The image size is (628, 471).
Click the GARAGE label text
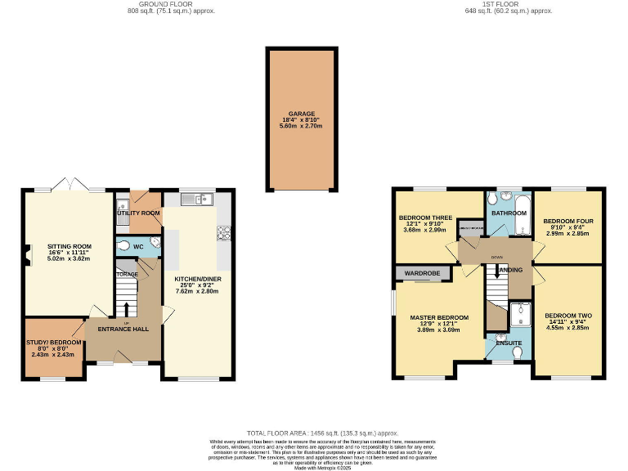[300, 114]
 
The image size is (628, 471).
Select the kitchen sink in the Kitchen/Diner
[191, 199]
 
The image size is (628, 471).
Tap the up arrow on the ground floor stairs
[126, 309]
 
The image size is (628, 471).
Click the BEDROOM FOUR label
[566, 220]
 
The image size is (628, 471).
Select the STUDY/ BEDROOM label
[54, 342]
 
